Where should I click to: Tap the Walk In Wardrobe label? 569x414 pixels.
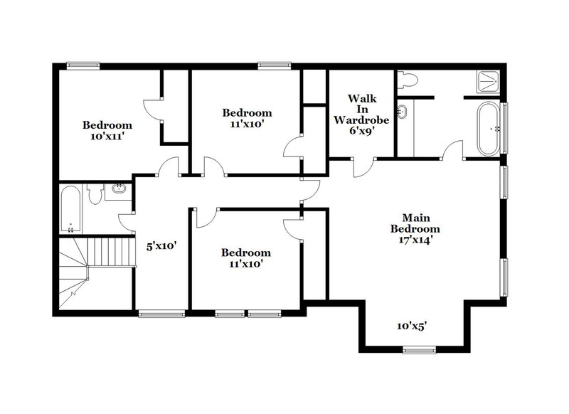[361, 110]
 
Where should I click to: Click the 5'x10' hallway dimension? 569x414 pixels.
[161, 246]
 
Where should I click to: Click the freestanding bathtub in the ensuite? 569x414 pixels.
[489, 129]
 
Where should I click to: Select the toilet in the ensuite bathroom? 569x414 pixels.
[406, 81]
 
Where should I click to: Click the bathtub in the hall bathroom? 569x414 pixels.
[70, 209]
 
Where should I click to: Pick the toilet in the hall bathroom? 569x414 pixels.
[93, 193]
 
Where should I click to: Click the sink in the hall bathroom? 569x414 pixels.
[118, 189]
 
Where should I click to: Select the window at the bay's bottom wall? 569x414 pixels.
[418, 349]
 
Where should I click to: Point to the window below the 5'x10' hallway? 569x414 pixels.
[156, 313]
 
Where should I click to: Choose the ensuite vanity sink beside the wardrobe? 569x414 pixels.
[402, 111]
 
